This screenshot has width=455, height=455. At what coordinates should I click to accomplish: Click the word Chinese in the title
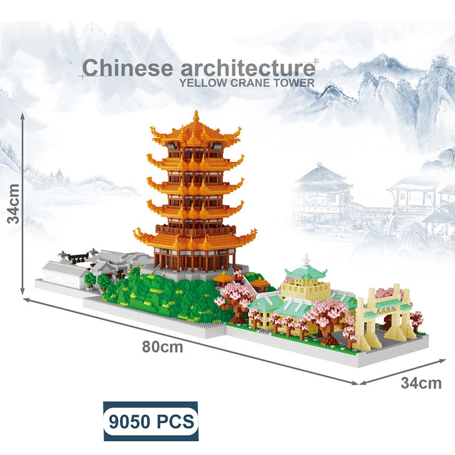127,67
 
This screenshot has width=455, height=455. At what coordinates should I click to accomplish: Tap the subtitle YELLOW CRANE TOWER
246,82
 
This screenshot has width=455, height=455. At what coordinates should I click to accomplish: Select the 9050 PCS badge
150,421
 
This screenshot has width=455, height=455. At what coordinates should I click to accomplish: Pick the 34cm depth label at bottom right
421,383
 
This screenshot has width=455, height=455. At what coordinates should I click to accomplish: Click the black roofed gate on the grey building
77,255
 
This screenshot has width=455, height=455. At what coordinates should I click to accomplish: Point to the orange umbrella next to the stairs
224,278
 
